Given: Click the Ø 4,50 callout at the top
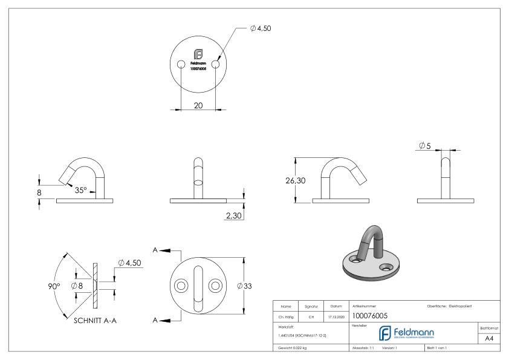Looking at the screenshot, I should (261, 28).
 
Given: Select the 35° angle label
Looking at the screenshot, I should (80, 190).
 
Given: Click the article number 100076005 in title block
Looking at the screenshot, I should (369, 316).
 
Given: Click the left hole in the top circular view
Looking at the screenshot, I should (181, 65).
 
